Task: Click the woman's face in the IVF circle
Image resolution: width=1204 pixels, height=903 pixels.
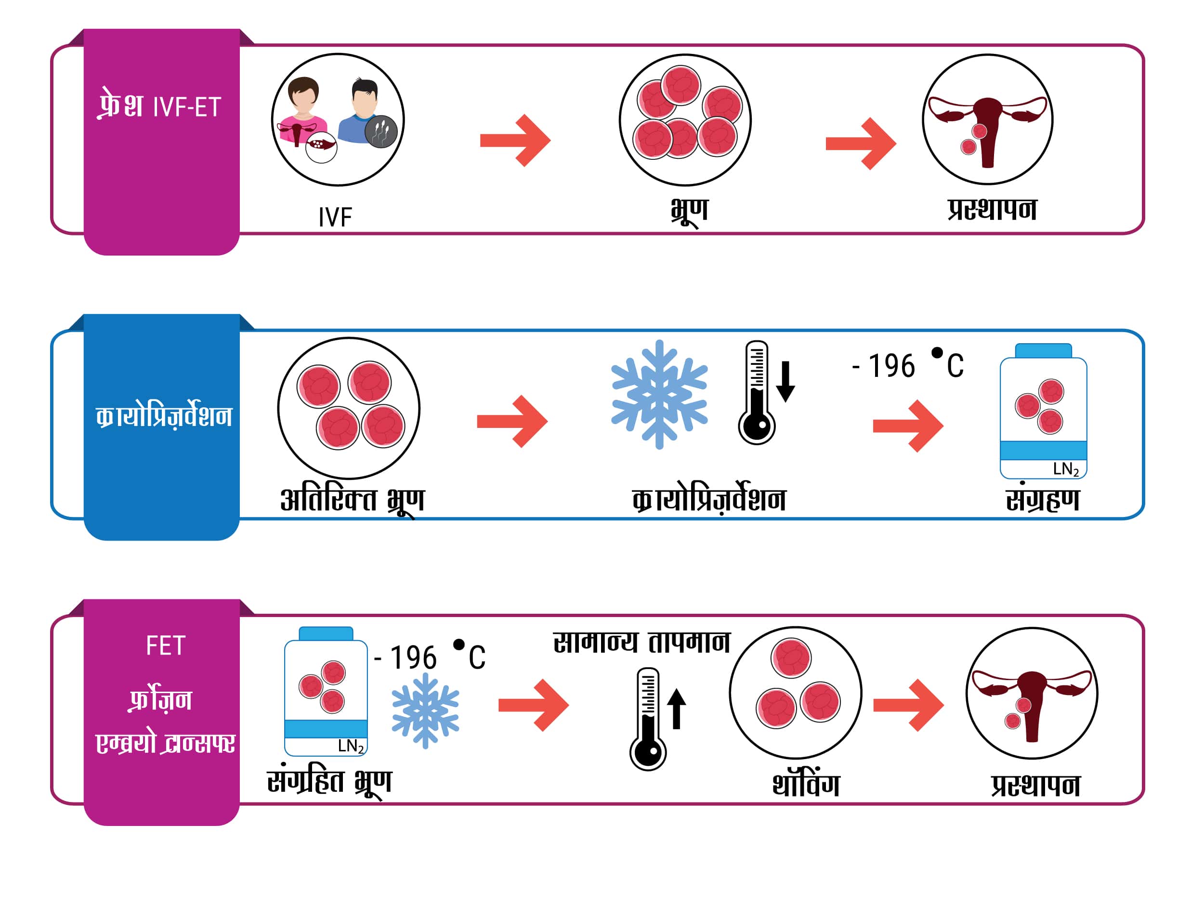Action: (x=302, y=98)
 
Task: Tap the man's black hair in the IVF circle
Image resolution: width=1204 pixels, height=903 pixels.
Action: (x=364, y=88)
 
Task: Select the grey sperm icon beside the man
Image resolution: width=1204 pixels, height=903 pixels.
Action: (x=381, y=131)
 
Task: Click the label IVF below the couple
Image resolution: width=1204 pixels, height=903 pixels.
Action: (x=335, y=217)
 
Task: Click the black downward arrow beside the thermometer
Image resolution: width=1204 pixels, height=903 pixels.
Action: (x=785, y=382)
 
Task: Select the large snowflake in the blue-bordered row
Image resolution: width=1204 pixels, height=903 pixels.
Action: (x=659, y=395)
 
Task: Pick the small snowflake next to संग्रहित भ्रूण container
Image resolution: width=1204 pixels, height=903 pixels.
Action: (x=426, y=711)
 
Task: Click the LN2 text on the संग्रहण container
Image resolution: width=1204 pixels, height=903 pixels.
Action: (x=1065, y=469)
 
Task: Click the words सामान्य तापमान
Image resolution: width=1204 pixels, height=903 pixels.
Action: (x=641, y=643)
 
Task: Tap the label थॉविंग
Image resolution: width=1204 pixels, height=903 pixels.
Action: (x=806, y=784)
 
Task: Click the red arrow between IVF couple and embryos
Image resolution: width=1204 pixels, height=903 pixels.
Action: (x=515, y=141)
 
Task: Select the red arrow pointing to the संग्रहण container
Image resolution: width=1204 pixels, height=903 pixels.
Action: (x=908, y=426)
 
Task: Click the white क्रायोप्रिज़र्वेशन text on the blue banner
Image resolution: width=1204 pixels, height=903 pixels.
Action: (x=164, y=416)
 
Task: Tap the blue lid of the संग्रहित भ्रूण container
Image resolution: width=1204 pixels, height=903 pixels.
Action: (x=326, y=634)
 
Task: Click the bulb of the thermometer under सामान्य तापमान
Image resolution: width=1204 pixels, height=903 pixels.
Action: (x=648, y=753)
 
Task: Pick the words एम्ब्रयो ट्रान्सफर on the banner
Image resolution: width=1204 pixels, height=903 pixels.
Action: (x=165, y=743)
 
